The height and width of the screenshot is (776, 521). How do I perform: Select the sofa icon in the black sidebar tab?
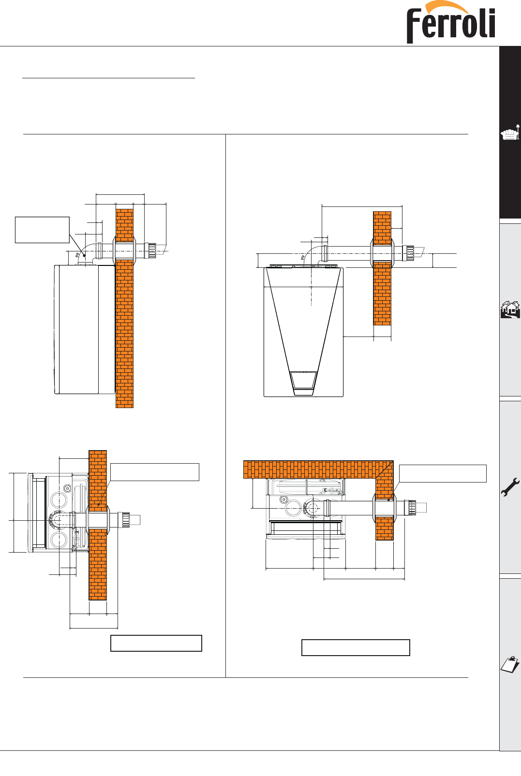[510, 133]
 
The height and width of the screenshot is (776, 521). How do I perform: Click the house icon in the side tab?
[510, 309]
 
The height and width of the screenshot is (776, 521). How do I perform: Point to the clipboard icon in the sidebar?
[510, 664]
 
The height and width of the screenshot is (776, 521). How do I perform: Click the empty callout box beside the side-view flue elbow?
[42, 230]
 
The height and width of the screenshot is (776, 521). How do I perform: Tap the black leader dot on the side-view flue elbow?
[84, 256]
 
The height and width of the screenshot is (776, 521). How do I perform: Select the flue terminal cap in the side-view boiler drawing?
[152, 250]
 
